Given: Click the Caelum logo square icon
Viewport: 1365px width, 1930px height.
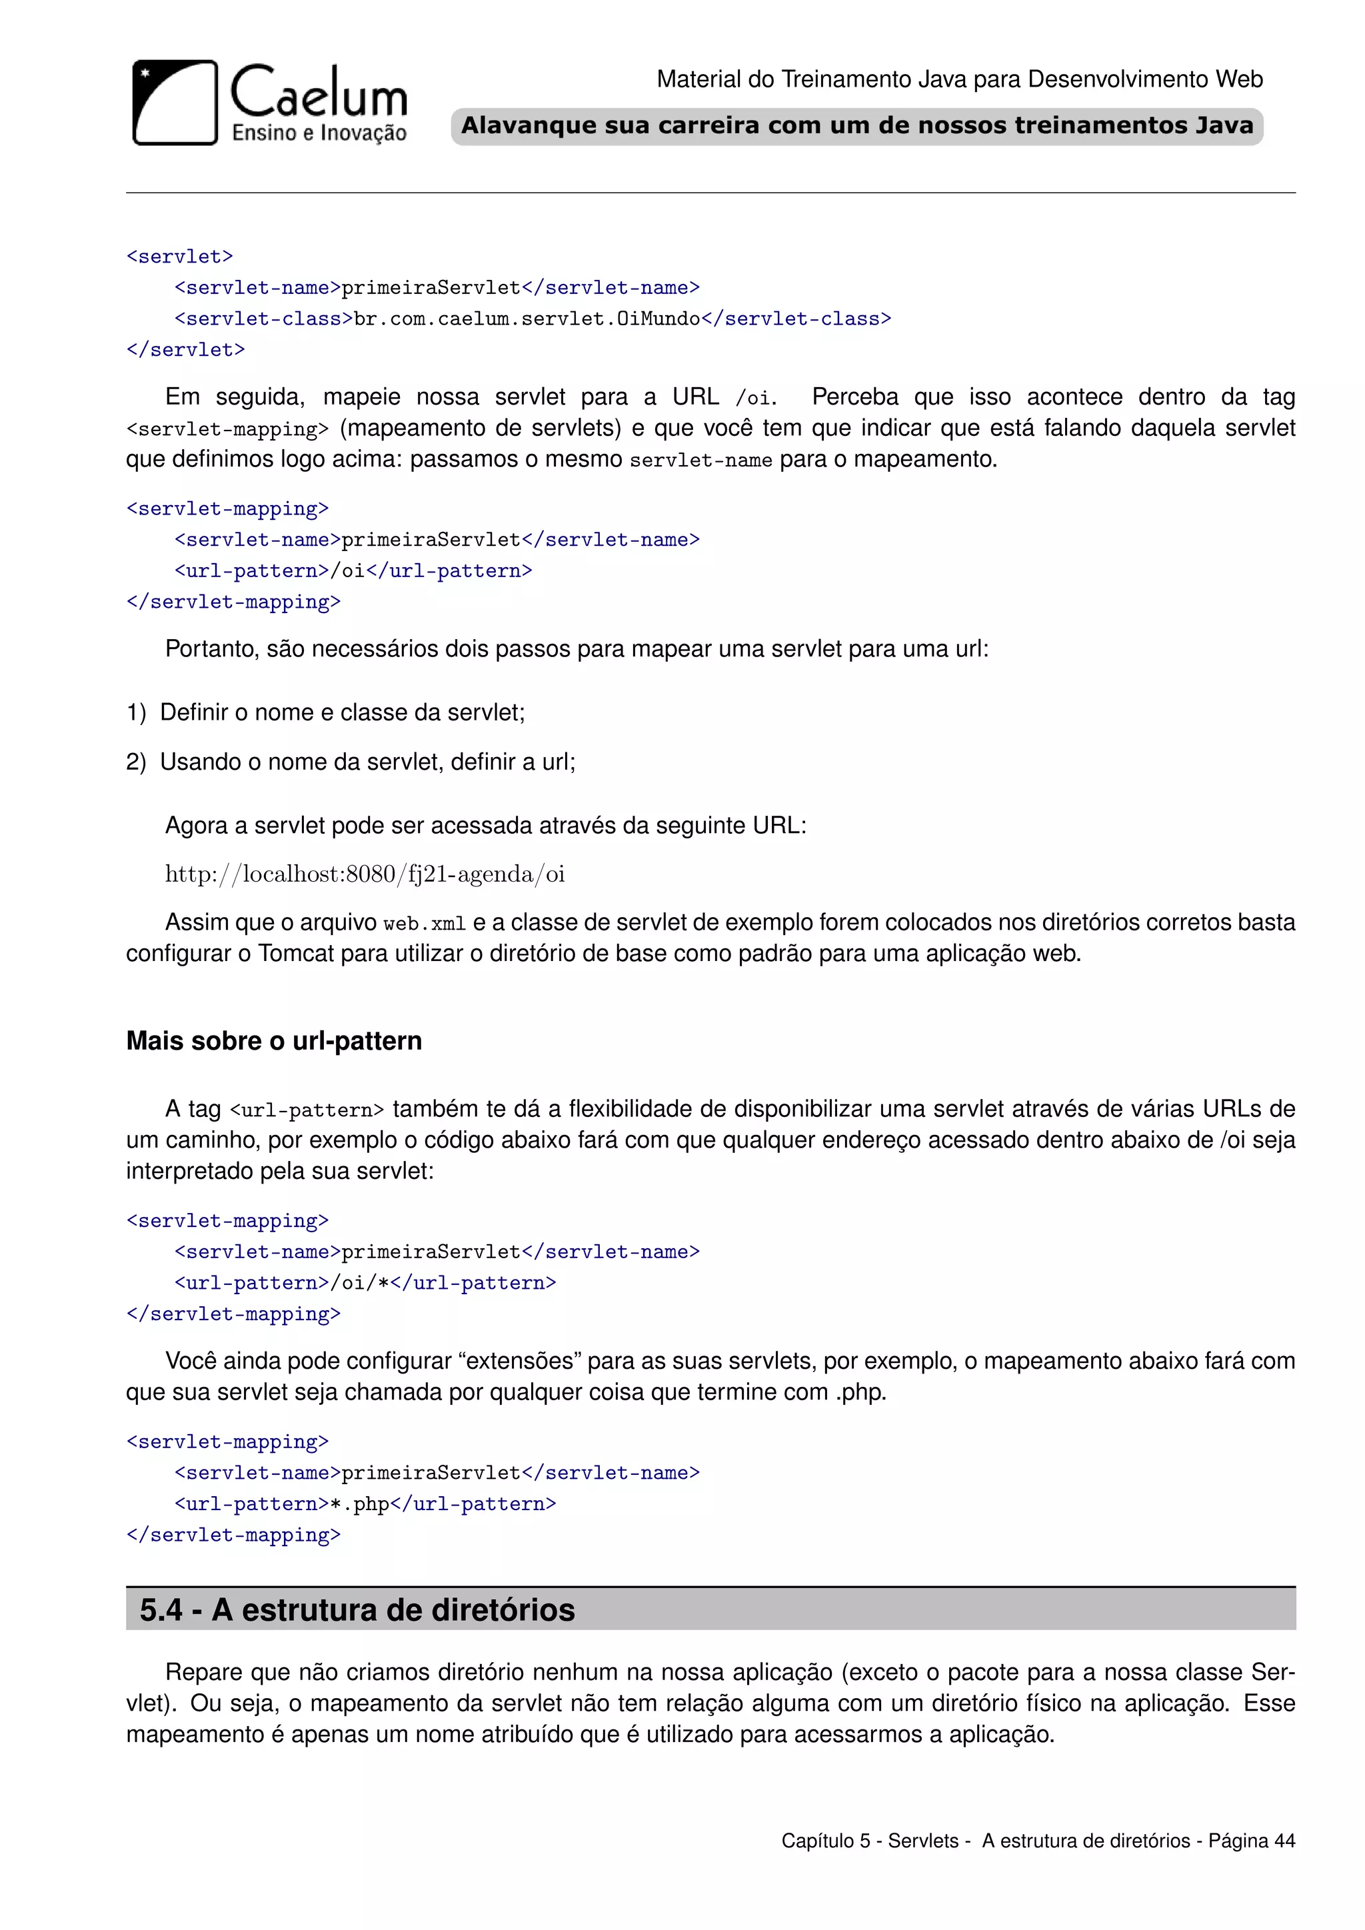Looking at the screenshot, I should pyautogui.click(x=175, y=103).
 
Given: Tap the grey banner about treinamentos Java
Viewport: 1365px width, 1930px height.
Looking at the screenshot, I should pyautogui.click(x=856, y=126).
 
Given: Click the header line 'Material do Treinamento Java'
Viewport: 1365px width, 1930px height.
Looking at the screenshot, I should pyautogui.click(x=959, y=79).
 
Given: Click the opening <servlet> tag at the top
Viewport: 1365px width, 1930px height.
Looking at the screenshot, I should pyautogui.click(x=179, y=257).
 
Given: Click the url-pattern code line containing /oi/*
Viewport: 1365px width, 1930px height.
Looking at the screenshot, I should pyautogui.click(x=365, y=1283).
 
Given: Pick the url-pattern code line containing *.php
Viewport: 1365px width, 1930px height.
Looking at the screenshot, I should pyautogui.click(x=365, y=1504).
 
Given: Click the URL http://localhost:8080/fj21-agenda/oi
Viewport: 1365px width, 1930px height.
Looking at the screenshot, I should pyautogui.click(x=365, y=874).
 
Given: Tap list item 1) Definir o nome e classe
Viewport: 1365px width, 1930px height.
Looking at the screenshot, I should pyautogui.click(x=326, y=713).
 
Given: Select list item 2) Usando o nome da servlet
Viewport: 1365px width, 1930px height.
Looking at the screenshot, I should pyautogui.click(x=351, y=762).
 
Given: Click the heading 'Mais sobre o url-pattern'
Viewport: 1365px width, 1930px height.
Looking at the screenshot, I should pyautogui.click(x=274, y=1041).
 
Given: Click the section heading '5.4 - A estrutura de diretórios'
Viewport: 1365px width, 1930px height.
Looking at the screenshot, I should pyautogui.click(x=357, y=1609).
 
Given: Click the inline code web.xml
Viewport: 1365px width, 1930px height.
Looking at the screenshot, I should pyautogui.click(x=425, y=924).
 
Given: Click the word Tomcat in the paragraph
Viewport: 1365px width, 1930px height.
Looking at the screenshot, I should pyautogui.click(x=296, y=954).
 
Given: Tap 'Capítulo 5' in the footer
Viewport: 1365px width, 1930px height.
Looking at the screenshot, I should pyautogui.click(x=825, y=1841).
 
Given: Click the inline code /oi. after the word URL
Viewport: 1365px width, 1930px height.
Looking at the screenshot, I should pyautogui.click(x=754, y=398).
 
